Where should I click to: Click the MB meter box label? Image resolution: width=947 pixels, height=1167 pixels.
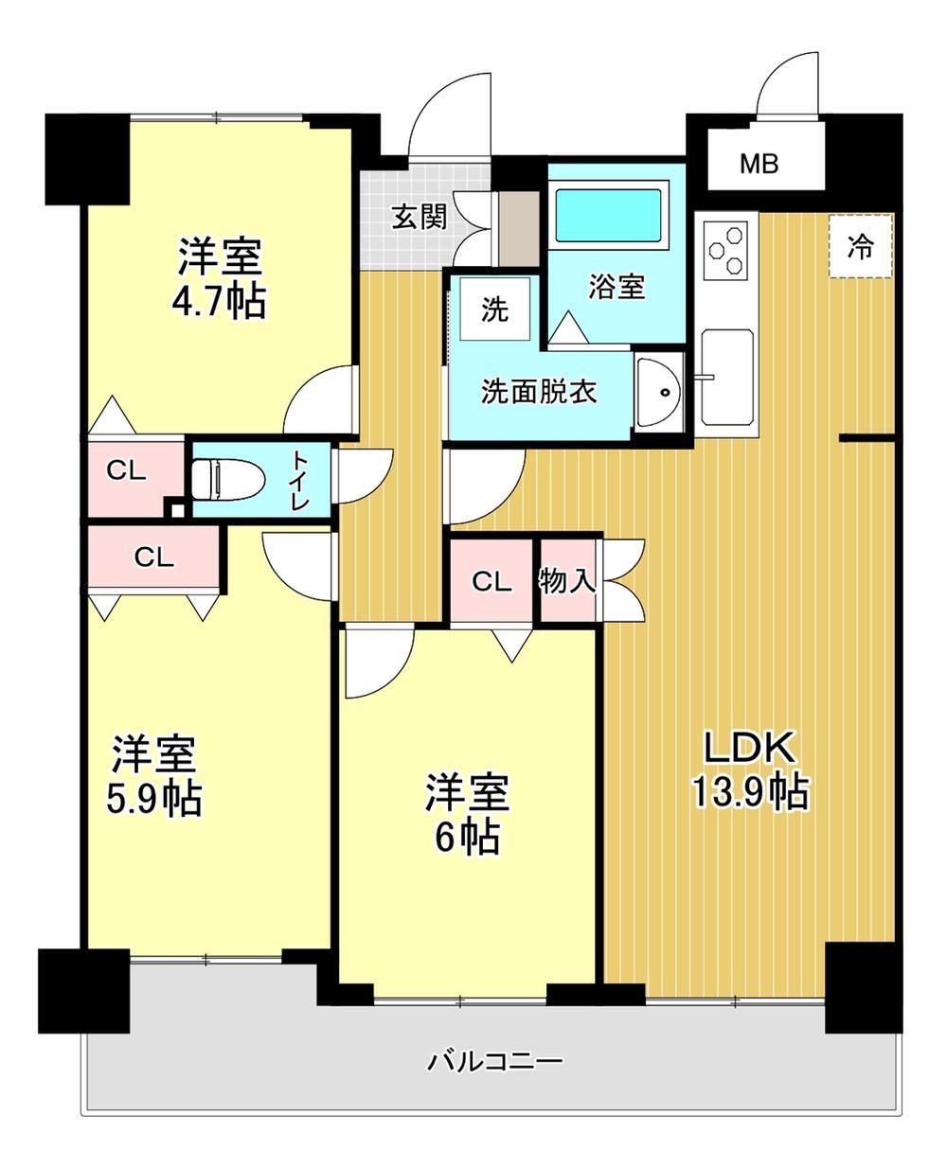pos(759,164)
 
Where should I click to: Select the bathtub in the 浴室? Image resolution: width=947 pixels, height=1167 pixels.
pos(611,214)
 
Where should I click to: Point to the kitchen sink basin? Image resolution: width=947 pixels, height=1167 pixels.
pos(726,377)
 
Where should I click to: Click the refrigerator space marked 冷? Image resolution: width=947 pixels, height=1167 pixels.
pos(861,246)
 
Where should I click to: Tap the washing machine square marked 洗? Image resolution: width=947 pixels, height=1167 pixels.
pos(494,309)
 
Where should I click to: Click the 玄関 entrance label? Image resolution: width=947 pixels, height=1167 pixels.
pos(420,218)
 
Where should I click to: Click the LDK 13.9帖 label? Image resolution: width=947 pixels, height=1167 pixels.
pos(749,769)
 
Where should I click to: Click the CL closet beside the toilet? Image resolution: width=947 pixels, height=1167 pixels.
pos(126,470)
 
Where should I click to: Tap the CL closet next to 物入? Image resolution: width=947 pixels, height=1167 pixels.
pos(491,582)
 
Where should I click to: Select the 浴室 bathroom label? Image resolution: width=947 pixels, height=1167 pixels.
pos(616,286)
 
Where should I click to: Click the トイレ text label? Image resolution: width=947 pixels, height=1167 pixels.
pos(299,480)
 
